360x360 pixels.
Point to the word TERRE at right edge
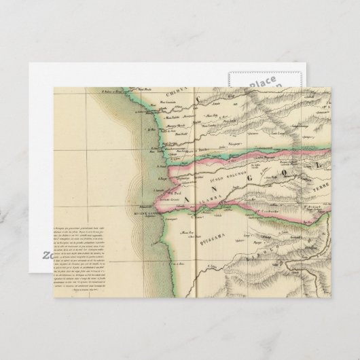(318, 194)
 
